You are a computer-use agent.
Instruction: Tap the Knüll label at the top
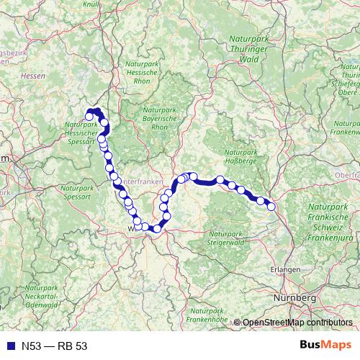[91, 5]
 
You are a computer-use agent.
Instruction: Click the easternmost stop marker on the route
[272, 207]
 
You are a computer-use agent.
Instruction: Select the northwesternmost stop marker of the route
[89, 116]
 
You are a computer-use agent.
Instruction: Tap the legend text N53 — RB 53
[54, 346]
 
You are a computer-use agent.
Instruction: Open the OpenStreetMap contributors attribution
[297, 323]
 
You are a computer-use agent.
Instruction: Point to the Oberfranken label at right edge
[346, 175]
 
